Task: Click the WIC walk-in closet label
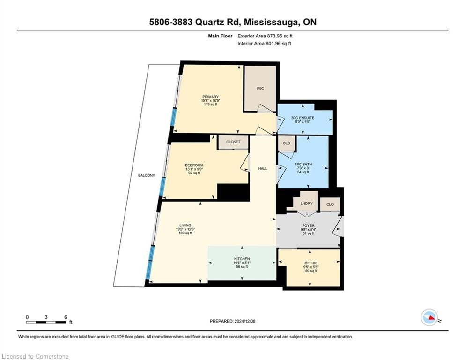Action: click(x=260, y=89)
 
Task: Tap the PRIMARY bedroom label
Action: click(x=210, y=97)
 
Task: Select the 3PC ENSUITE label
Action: click(x=303, y=118)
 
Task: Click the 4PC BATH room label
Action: click(x=303, y=164)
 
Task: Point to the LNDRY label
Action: click(x=306, y=203)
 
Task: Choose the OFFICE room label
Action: click(x=311, y=263)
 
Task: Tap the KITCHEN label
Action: click(x=242, y=259)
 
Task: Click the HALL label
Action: click(x=263, y=168)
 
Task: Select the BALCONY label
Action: click(x=147, y=175)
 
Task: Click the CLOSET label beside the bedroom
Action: click(x=233, y=142)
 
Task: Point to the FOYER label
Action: click(x=309, y=225)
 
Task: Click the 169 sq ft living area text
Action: click(x=185, y=233)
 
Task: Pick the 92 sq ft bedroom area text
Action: click(x=194, y=172)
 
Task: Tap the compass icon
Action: click(x=429, y=317)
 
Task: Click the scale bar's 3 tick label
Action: click(x=46, y=317)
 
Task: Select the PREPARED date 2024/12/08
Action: click(x=244, y=321)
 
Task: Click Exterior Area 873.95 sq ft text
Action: click(x=265, y=36)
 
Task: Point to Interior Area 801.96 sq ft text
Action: click(x=264, y=43)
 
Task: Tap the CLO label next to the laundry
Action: click(x=330, y=204)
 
